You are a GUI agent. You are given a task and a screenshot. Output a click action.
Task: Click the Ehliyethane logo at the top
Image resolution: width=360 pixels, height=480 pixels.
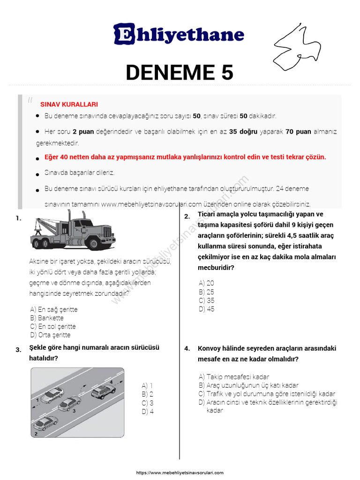(x=179, y=35)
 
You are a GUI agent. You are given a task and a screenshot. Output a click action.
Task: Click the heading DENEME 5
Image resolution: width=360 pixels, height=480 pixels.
(x=180, y=72)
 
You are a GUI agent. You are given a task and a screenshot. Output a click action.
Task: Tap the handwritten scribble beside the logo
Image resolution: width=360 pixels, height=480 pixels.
(x=297, y=45)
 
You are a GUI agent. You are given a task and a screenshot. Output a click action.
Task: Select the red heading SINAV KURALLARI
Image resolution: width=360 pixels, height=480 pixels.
(x=69, y=105)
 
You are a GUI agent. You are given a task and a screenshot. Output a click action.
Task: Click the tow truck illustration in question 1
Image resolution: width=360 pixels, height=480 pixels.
(x=73, y=230)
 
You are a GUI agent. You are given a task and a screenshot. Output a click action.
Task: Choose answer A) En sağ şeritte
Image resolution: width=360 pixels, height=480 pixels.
(x=53, y=309)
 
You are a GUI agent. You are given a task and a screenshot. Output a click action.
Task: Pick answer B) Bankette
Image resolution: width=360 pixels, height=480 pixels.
(x=46, y=318)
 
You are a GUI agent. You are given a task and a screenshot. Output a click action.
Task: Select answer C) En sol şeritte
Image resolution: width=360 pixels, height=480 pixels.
(x=52, y=326)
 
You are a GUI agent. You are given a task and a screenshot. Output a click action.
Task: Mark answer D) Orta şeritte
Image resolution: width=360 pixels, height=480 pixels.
(x=50, y=335)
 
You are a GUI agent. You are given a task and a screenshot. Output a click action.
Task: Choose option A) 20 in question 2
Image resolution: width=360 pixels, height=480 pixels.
(x=206, y=283)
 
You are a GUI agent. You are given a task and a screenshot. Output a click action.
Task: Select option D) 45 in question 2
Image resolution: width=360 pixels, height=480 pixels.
(x=206, y=309)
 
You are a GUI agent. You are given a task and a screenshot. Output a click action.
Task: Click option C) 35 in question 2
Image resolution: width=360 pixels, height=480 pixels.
(x=206, y=300)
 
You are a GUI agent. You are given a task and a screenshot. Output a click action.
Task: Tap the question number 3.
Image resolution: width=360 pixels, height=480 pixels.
(x=18, y=350)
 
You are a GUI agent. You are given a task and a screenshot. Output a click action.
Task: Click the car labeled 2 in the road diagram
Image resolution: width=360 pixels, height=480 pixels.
(x=45, y=423)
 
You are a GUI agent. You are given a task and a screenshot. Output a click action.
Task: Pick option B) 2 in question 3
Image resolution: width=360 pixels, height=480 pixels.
(x=147, y=394)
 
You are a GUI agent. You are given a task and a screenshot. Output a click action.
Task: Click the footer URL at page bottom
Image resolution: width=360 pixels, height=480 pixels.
(x=180, y=473)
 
